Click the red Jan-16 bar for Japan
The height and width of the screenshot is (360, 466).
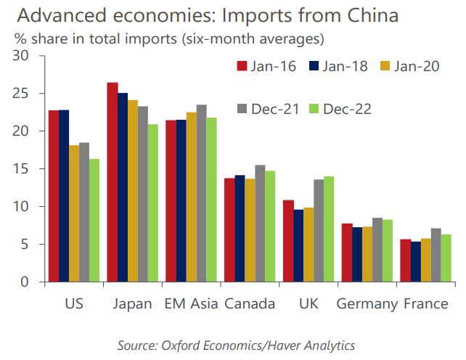click(113, 182)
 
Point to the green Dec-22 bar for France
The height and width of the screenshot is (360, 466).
click(446, 258)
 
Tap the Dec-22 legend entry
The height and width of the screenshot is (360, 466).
click(339, 109)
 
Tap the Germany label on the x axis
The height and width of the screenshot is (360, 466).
click(367, 303)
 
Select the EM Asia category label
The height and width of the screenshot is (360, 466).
click(191, 303)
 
